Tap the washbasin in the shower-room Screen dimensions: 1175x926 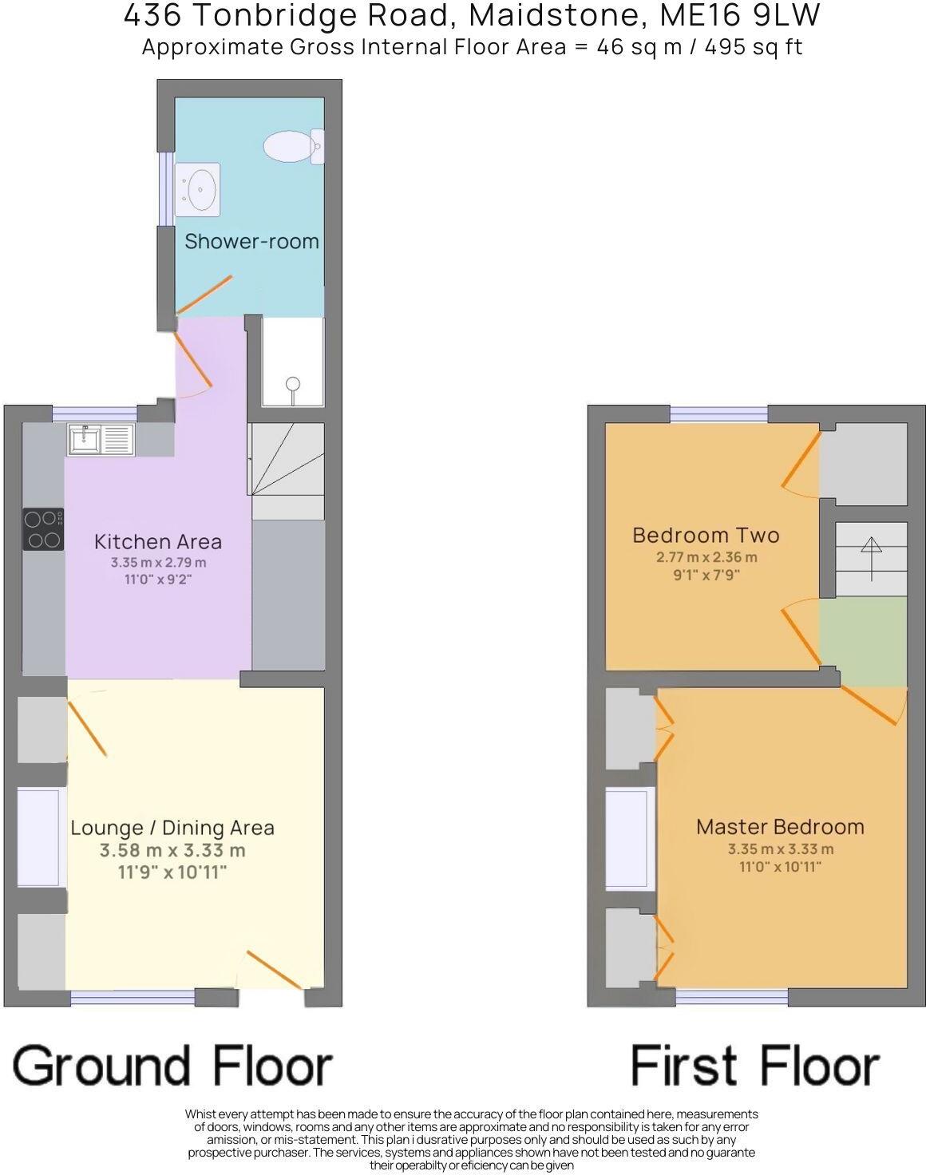(197, 189)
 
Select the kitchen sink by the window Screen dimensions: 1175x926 (101, 440)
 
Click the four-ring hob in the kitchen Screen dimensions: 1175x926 (43, 529)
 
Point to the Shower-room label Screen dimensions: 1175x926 (251, 241)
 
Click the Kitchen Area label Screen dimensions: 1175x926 (158, 541)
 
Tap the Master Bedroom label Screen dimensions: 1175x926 (780, 826)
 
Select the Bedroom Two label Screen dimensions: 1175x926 (706, 535)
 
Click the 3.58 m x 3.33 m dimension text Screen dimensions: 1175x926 (172, 851)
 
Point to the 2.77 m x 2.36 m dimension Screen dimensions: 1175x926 (706, 557)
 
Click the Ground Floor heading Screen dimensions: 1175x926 (172, 1066)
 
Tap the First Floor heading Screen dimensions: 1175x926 (754, 1066)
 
